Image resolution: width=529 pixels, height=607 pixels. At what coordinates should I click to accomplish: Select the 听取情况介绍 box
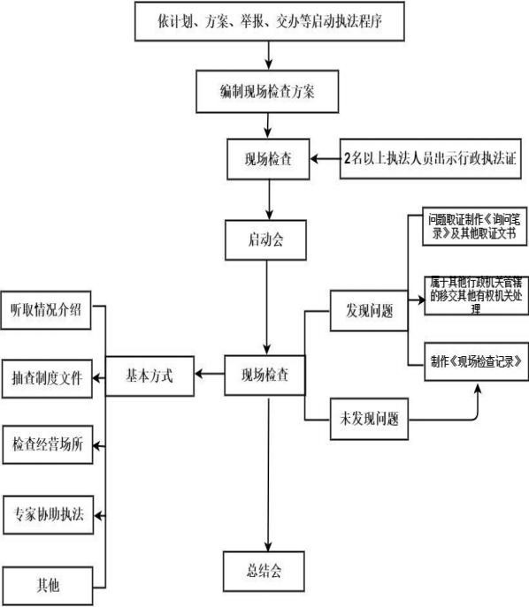[46, 311]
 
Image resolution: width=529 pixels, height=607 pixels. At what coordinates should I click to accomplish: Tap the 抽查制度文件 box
[46, 377]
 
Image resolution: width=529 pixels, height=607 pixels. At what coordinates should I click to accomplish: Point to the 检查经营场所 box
[46, 444]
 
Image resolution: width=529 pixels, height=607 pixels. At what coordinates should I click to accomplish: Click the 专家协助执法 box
[46, 514]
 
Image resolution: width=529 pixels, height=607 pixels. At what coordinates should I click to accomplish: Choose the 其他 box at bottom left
[46, 584]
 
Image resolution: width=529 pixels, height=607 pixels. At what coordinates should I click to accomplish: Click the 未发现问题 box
[369, 414]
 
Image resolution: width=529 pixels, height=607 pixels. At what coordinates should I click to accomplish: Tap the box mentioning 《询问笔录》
[477, 230]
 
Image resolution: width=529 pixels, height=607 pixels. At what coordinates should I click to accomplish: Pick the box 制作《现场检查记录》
[477, 360]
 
